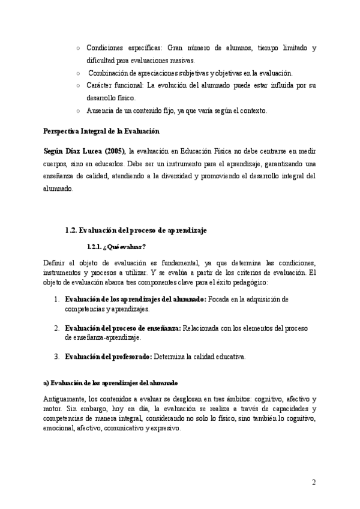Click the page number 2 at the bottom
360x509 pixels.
point(313,483)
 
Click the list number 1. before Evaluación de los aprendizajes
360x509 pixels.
point(56,299)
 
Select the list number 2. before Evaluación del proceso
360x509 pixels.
point(56,328)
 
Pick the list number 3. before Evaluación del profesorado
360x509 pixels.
point(56,357)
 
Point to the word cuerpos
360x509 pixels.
point(57,164)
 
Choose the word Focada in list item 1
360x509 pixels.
point(218,299)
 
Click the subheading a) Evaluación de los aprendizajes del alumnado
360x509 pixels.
point(110,382)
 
